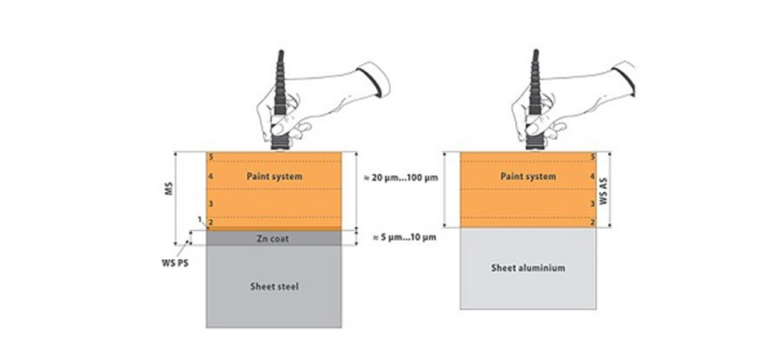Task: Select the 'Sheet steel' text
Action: tap(274, 286)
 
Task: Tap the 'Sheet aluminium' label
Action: tap(528, 268)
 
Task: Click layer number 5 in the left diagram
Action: tap(210, 158)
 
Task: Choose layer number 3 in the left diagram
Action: tap(210, 204)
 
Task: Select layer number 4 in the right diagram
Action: tap(591, 175)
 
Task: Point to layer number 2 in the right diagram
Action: tap(591, 222)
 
